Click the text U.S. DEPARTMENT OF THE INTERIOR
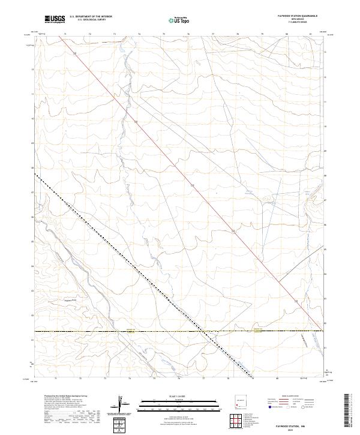pos(91,16)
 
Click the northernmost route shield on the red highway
pos(76,54)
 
